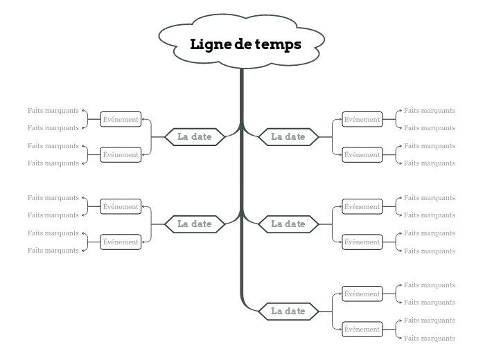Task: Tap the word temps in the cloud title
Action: pyautogui.click(x=278, y=45)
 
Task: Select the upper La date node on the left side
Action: pyautogui.click(x=195, y=137)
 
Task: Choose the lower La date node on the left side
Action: pyautogui.click(x=195, y=224)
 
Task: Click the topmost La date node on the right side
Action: pyautogui.click(x=288, y=137)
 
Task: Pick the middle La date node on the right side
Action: pyautogui.click(x=288, y=224)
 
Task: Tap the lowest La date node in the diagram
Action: pyautogui.click(x=288, y=312)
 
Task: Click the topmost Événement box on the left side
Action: pyautogui.click(x=121, y=120)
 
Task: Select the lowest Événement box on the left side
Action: pyautogui.click(x=121, y=242)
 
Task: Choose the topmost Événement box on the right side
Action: pyautogui.click(x=362, y=120)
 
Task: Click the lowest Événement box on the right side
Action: pyautogui.click(x=362, y=330)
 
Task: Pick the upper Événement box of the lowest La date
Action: pyautogui.click(x=362, y=294)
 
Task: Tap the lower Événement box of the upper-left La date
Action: pyautogui.click(x=121, y=155)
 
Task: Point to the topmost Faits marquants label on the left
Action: pyautogui.click(x=53, y=111)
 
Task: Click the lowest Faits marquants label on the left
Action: pyautogui.click(x=53, y=251)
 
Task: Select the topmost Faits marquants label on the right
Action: pyautogui.click(x=430, y=111)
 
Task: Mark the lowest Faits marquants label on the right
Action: pyautogui.click(x=430, y=339)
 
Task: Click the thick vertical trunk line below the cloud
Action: pyautogui.click(x=242, y=180)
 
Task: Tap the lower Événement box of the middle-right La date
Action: pyautogui.click(x=362, y=242)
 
